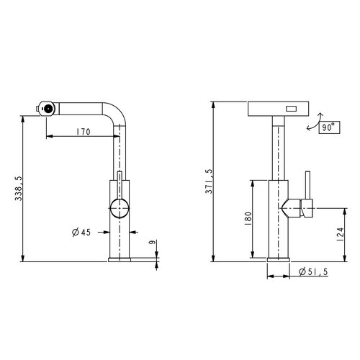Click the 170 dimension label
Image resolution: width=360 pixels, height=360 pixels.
[84, 132]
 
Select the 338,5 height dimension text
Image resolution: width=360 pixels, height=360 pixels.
[18, 189]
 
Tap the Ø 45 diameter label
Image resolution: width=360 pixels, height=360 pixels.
[81, 232]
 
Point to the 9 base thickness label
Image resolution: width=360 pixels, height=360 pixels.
[152, 243]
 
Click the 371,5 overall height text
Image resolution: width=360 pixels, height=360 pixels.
[209, 181]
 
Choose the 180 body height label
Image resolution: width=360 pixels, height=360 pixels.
[248, 218]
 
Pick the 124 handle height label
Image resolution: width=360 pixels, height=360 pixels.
[341, 234]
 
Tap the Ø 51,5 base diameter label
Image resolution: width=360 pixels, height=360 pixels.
[313, 271]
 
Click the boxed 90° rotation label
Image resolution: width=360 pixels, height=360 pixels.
[329, 127]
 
